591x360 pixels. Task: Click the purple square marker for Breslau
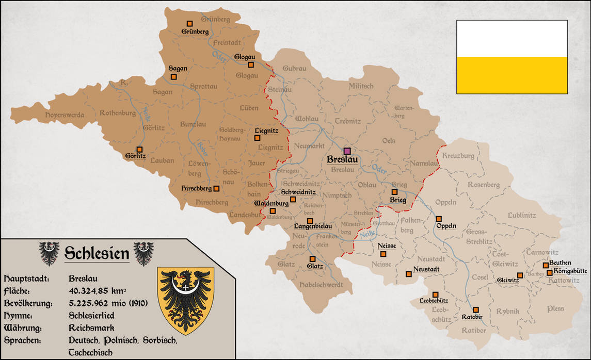347,151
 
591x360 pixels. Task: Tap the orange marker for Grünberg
190,23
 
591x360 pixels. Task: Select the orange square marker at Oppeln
439,219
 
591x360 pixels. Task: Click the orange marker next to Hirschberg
216,189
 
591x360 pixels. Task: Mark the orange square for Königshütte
550,272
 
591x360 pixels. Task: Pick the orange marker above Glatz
312,259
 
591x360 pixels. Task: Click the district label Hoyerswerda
65,114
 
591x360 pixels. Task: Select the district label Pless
556,308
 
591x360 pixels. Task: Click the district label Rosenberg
484,185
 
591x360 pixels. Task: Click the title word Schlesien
97,253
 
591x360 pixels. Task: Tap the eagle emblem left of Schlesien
49,253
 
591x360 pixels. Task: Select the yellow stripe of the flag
512,75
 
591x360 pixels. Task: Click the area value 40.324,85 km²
98,291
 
